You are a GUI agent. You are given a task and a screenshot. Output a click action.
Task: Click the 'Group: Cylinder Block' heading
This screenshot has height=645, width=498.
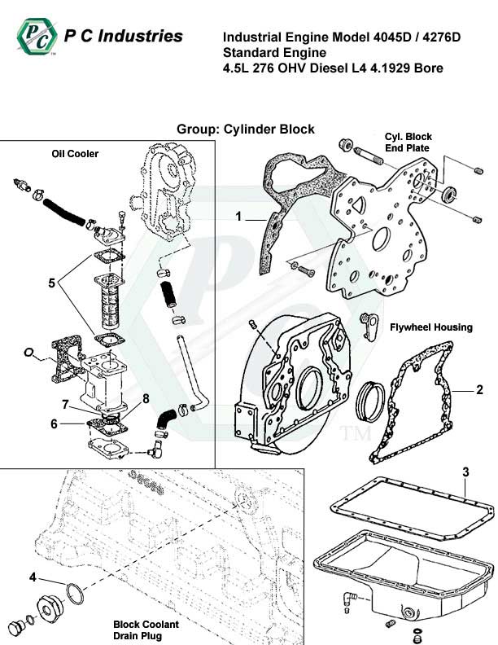pos(245,129)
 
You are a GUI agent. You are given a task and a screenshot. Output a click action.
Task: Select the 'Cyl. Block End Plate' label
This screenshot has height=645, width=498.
pos(408,143)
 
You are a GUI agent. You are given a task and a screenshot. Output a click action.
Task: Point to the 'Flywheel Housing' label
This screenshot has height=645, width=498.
pos(430,327)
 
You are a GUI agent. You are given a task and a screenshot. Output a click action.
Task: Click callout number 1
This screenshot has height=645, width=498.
pos(239,217)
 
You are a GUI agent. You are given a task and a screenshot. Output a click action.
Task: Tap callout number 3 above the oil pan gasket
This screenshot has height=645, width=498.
pos(465,472)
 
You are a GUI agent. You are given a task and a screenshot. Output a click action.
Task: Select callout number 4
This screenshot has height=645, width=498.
pos(33,577)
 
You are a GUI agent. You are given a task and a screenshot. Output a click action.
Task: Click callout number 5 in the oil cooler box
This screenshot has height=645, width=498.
pos(51,284)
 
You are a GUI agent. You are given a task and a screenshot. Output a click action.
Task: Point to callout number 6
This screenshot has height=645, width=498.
pos(54,423)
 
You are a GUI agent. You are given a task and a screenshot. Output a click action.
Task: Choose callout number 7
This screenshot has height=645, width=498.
pos(64,404)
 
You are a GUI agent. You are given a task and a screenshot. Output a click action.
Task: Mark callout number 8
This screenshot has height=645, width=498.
pos(146,398)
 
